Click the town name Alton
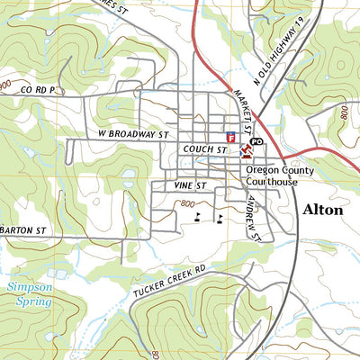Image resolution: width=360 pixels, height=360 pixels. (x=322, y=210)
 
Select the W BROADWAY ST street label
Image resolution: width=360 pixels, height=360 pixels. (x=134, y=133)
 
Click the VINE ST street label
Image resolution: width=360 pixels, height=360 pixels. (x=191, y=185)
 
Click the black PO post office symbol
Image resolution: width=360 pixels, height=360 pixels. (x=256, y=142)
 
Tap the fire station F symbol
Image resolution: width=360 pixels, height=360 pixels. (x=230, y=138)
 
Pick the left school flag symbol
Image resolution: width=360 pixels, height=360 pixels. (x=198, y=217)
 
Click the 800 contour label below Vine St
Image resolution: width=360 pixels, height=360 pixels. (x=187, y=204)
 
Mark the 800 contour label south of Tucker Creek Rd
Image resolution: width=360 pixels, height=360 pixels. (x=155, y=353)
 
